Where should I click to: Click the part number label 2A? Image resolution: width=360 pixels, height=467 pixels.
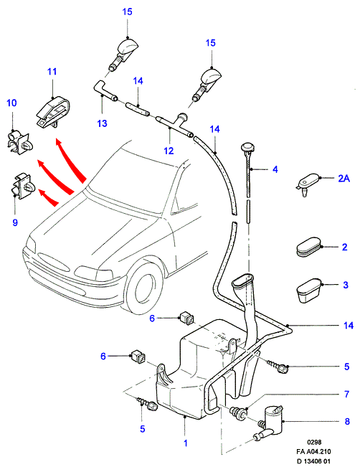click(x=344, y=179)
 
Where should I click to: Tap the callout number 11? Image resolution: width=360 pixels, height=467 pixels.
click(x=52, y=72)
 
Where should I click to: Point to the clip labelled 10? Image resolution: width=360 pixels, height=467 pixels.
click(x=19, y=143)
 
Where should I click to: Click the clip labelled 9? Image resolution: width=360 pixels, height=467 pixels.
click(x=23, y=186)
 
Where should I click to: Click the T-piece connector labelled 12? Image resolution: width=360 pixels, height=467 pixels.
click(x=175, y=125)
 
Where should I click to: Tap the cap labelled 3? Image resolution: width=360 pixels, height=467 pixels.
click(x=309, y=291)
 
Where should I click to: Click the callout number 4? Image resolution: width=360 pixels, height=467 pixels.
click(x=275, y=169)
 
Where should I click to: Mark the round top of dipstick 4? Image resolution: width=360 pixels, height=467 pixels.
click(x=247, y=147)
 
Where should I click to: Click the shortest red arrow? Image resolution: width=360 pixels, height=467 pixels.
click(x=47, y=198)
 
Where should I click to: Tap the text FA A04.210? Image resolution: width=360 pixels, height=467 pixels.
click(x=314, y=451)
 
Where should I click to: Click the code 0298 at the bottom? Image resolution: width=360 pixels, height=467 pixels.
click(x=314, y=443)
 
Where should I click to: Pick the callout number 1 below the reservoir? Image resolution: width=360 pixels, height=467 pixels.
click(x=186, y=443)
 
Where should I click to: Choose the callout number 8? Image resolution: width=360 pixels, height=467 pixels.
click(x=347, y=421)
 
